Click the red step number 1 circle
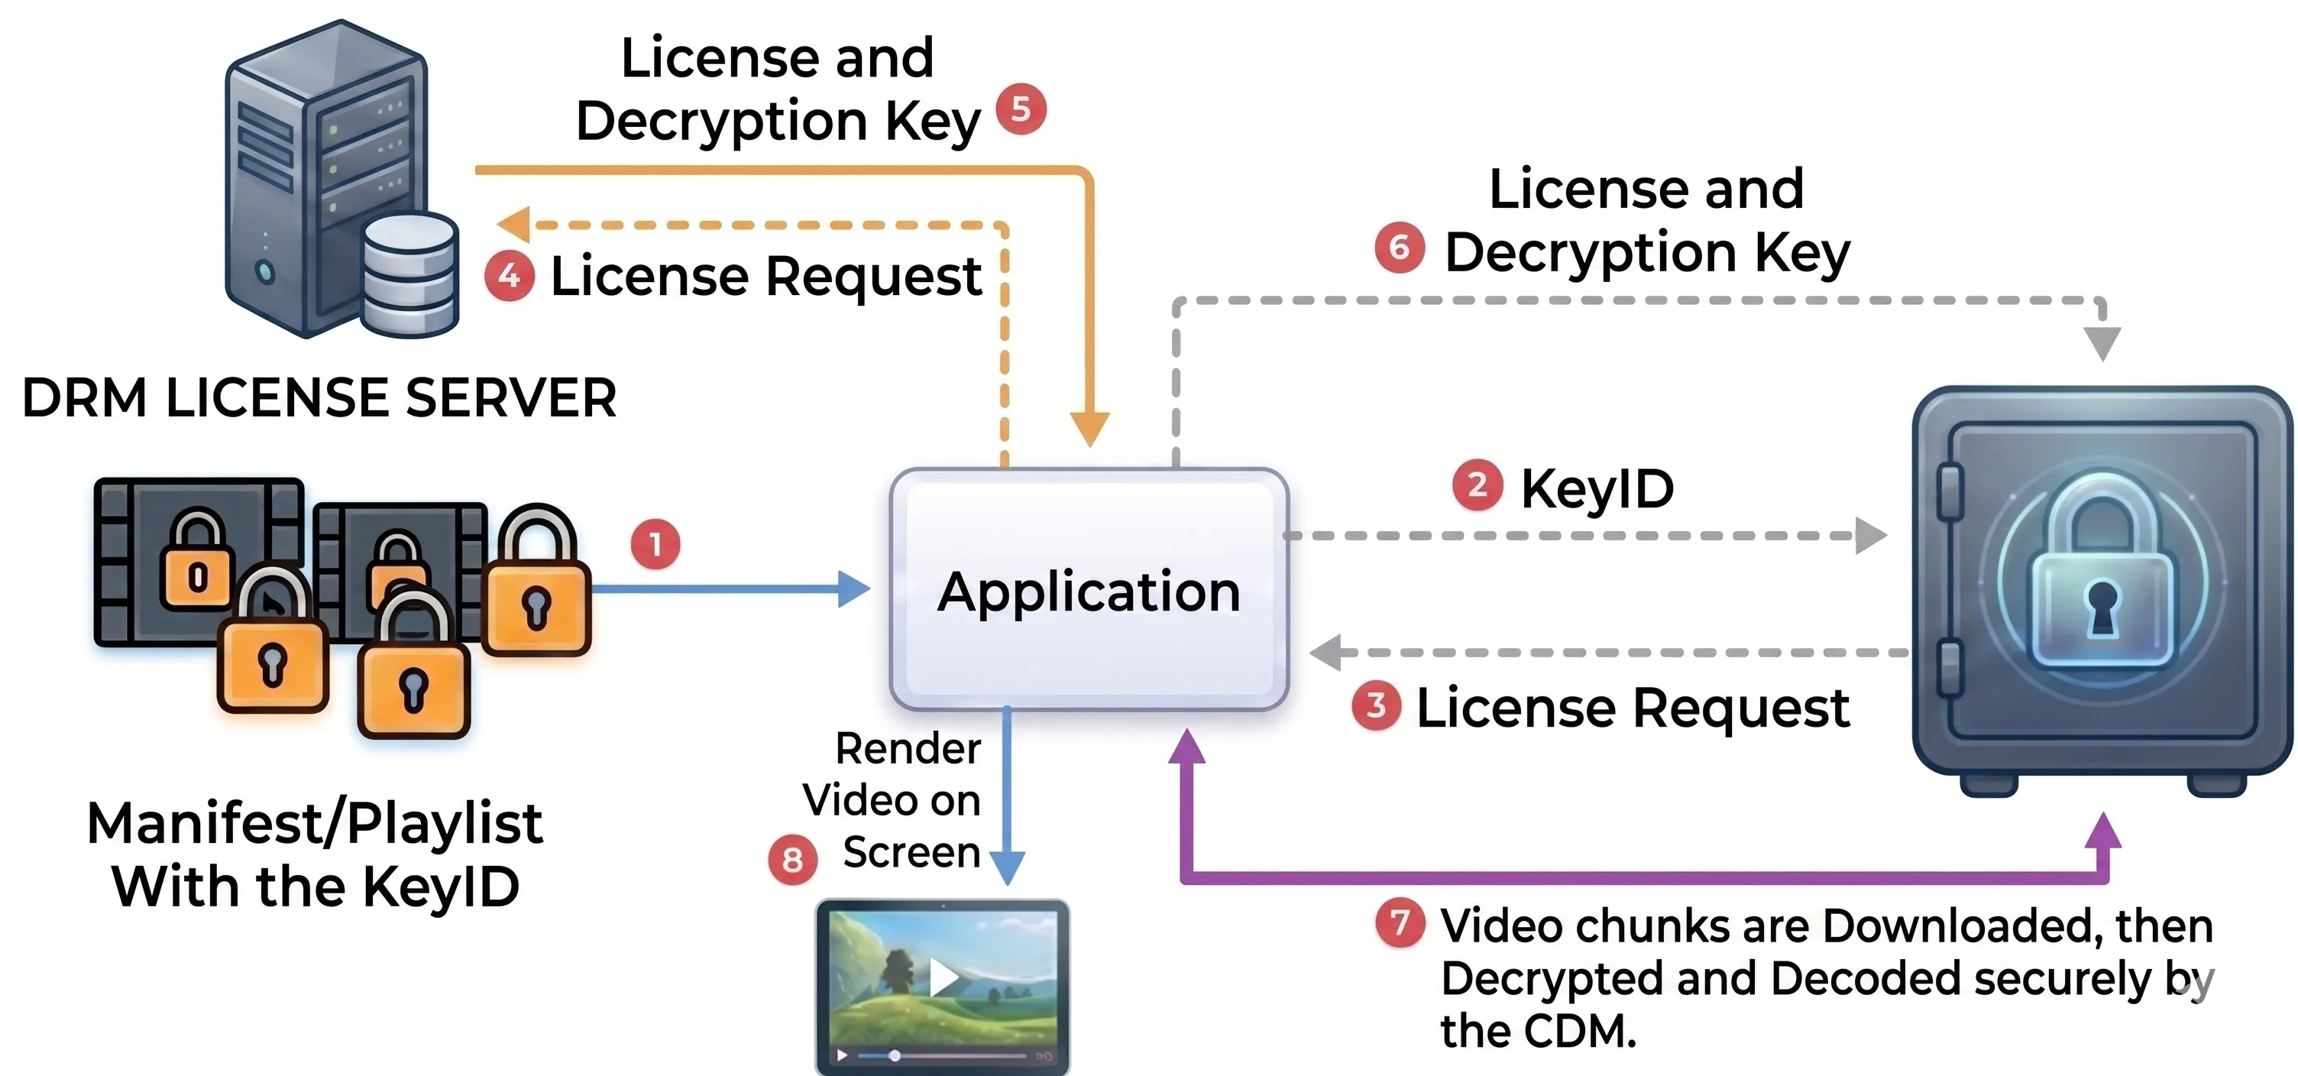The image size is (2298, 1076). [x=655, y=544]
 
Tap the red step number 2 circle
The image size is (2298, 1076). [x=1478, y=485]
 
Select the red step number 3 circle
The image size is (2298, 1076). [x=1377, y=705]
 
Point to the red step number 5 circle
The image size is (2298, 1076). [x=1021, y=109]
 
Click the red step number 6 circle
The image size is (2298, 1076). [x=1400, y=247]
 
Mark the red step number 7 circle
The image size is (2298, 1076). [x=1400, y=922]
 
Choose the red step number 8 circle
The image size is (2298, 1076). [x=792, y=860]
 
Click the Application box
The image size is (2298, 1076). [x=1089, y=589]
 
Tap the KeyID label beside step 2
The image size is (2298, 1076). [x=1597, y=489]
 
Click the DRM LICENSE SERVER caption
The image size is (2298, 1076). [x=319, y=398]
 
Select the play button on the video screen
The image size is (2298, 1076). [x=943, y=977]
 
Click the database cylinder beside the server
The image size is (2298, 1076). [x=410, y=275]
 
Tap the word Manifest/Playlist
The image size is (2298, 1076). [x=315, y=822]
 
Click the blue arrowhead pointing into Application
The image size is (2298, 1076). [x=855, y=589]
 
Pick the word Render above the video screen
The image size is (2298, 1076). [x=908, y=749]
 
